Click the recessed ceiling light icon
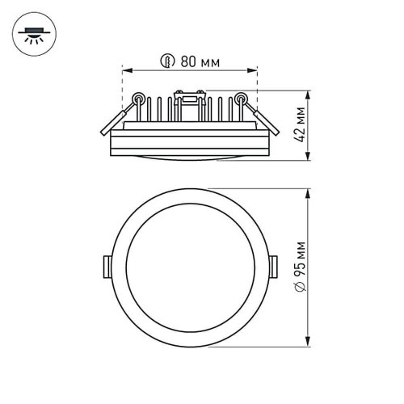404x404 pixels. click(x=32, y=34)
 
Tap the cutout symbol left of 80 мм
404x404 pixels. click(x=166, y=61)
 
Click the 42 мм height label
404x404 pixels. click(x=301, y=123)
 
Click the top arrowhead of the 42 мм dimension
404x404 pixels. click(x=310, y=90)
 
